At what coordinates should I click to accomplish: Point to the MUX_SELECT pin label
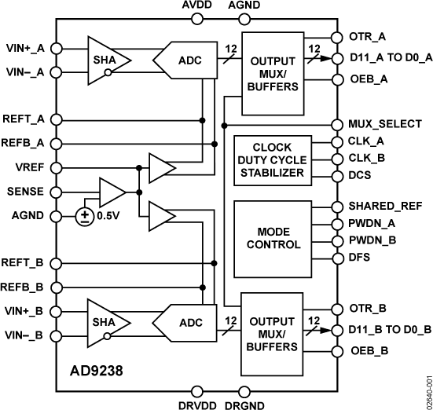pyautogui.click(x=384, y=124)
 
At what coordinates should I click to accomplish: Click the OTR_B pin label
pyautogui.click(x=369, y=308)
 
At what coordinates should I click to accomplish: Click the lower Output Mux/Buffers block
pyautogui.click(x=273, y=330)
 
